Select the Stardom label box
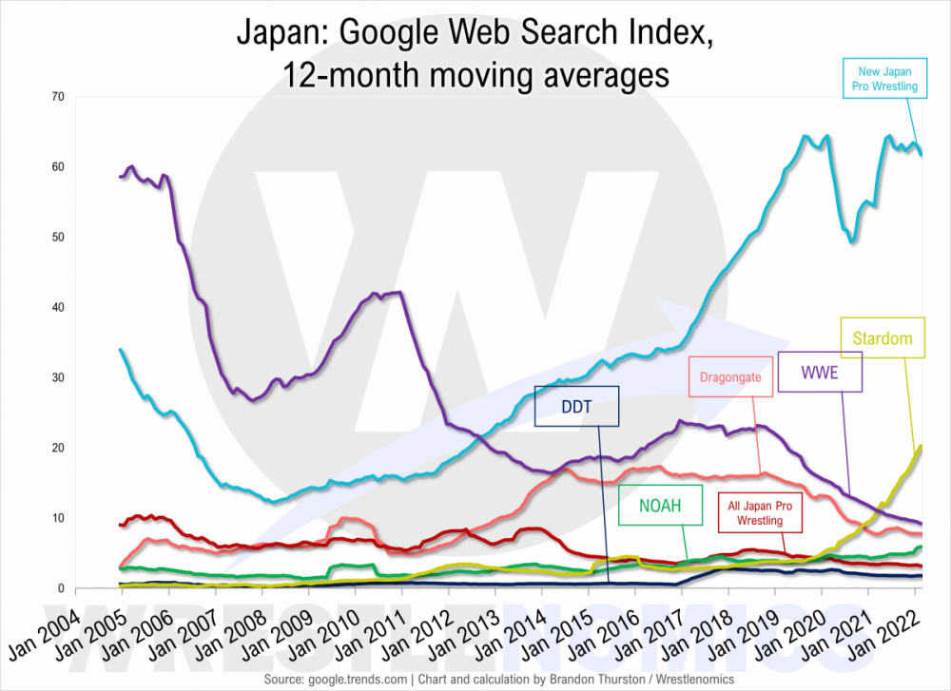pos(883,337)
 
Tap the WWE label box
pos(820,372)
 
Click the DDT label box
pos(576,406)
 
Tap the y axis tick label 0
pos(59,588)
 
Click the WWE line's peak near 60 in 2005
pos(130,167)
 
